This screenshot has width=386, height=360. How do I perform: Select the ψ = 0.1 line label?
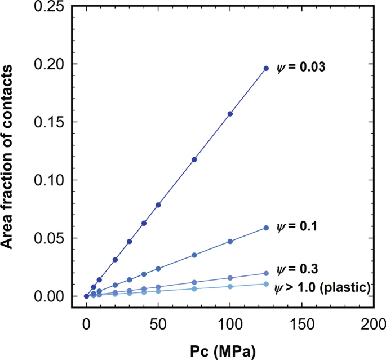click(x=299, y=227)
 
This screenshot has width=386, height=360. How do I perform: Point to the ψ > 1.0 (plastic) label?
click(x=322, y=288)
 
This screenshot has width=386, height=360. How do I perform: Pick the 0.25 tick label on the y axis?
click(x=48, y=7)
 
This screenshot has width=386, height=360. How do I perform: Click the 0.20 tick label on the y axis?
click(x=48, y=64)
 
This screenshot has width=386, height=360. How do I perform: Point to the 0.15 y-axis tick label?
click(x=48, y=122)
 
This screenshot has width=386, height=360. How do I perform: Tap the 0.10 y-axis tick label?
click(x=48, y=180)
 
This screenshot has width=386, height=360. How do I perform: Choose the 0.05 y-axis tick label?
click(x=48, y=238)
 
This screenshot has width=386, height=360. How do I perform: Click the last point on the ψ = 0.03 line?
click(x=266, y=68)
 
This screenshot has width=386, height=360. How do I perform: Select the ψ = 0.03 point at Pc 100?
click(x=230, y=114)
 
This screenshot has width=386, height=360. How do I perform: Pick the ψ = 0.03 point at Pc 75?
click(x=194, y=159)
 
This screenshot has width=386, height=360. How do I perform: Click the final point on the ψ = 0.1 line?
click(x=266, y=228)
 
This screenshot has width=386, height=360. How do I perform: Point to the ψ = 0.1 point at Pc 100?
click(x=230, y=241)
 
